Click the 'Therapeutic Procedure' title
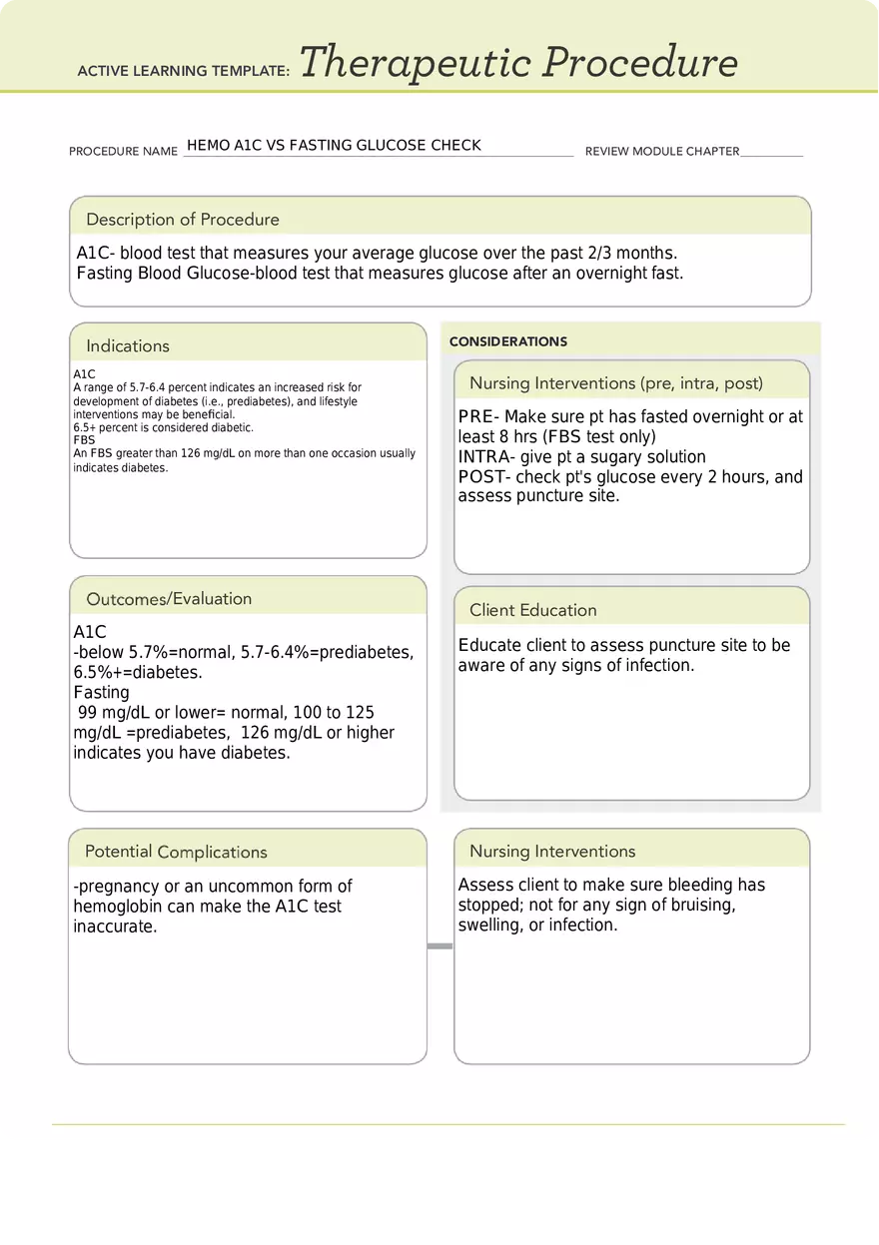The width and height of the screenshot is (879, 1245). tap(518, 63)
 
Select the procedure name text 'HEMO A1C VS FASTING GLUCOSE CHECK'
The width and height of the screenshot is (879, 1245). tap(334, 146)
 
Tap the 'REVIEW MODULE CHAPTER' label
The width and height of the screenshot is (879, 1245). tap(662, 152)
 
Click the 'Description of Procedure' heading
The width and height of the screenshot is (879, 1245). tap(183, 220)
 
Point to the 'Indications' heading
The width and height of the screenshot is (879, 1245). tap(128, 346)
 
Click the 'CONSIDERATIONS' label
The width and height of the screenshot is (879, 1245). tap(508, 341)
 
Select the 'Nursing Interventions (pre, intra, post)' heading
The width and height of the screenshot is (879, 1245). tap(616, 383)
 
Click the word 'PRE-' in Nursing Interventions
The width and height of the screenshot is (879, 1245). tap(479, 417)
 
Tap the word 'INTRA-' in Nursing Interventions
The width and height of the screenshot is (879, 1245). tap(486, 457)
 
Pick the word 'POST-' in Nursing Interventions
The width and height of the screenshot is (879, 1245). tap(484, 477)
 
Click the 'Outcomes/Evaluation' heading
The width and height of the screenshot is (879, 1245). tap(169, 599)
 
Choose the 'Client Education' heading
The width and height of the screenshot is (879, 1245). tap(533, 610)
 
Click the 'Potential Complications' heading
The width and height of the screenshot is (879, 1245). tap(176, 852)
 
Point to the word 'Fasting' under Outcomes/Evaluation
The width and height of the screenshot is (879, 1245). tap(101, 692)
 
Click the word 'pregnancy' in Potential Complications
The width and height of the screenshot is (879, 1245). tap(119, 887)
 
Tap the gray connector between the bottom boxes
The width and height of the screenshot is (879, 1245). tap(439, 945)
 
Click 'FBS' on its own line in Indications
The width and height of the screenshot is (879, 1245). tap(84, 440)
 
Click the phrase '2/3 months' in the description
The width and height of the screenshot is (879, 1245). tap(634, 254)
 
